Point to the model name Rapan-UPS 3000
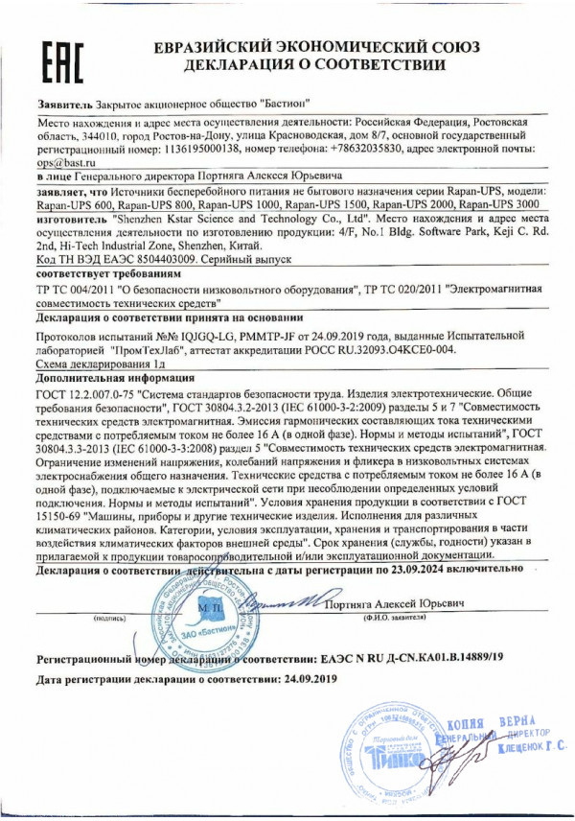[495, 205]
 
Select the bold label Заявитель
[66, 102]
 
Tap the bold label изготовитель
[72, 219]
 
